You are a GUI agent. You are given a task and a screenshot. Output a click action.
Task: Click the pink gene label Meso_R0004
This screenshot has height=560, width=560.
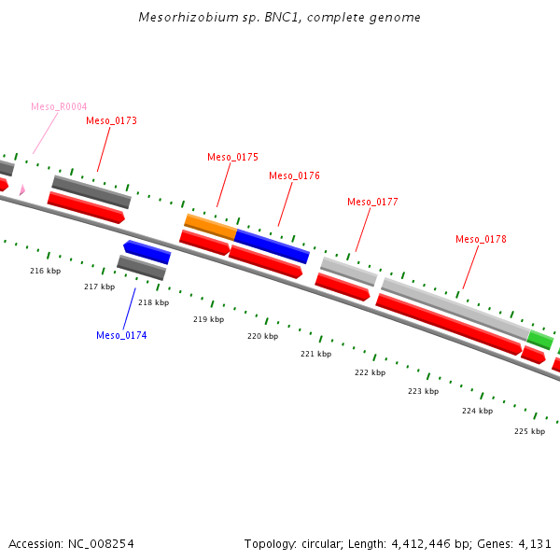(59, 106)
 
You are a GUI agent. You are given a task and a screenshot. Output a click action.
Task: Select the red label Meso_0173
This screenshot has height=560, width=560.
(111, 120)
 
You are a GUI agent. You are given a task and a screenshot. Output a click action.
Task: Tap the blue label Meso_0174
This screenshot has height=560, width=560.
(121, 335)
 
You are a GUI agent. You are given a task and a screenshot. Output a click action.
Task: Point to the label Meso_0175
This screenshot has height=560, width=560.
(232, 157)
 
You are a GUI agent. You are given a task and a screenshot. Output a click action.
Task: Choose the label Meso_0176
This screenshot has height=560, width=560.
(294, 175)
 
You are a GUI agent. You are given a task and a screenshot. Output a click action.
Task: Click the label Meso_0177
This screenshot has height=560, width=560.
(372, 202)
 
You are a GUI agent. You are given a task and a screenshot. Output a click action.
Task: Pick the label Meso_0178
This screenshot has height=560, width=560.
(481, 239)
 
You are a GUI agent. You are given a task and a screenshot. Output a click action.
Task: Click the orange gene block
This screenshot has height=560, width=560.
(210, 226)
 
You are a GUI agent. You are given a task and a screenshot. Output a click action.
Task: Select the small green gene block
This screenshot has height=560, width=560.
(539, 339)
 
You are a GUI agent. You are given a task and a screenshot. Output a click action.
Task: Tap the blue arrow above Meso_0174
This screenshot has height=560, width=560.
(147, 251)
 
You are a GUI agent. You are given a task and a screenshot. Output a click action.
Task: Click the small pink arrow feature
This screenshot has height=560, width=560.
(21, 190)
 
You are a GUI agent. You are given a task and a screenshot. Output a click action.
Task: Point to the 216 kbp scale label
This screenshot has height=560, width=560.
(45, 271)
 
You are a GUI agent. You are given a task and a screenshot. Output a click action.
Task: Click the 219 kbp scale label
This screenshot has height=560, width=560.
(208, 319)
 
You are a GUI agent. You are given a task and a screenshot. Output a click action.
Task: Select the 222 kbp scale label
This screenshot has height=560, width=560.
(370, 372)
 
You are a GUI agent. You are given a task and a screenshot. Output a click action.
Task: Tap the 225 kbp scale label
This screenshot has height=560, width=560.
(529, 431)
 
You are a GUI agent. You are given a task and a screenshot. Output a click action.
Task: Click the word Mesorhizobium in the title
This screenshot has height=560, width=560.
(182, 18)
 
